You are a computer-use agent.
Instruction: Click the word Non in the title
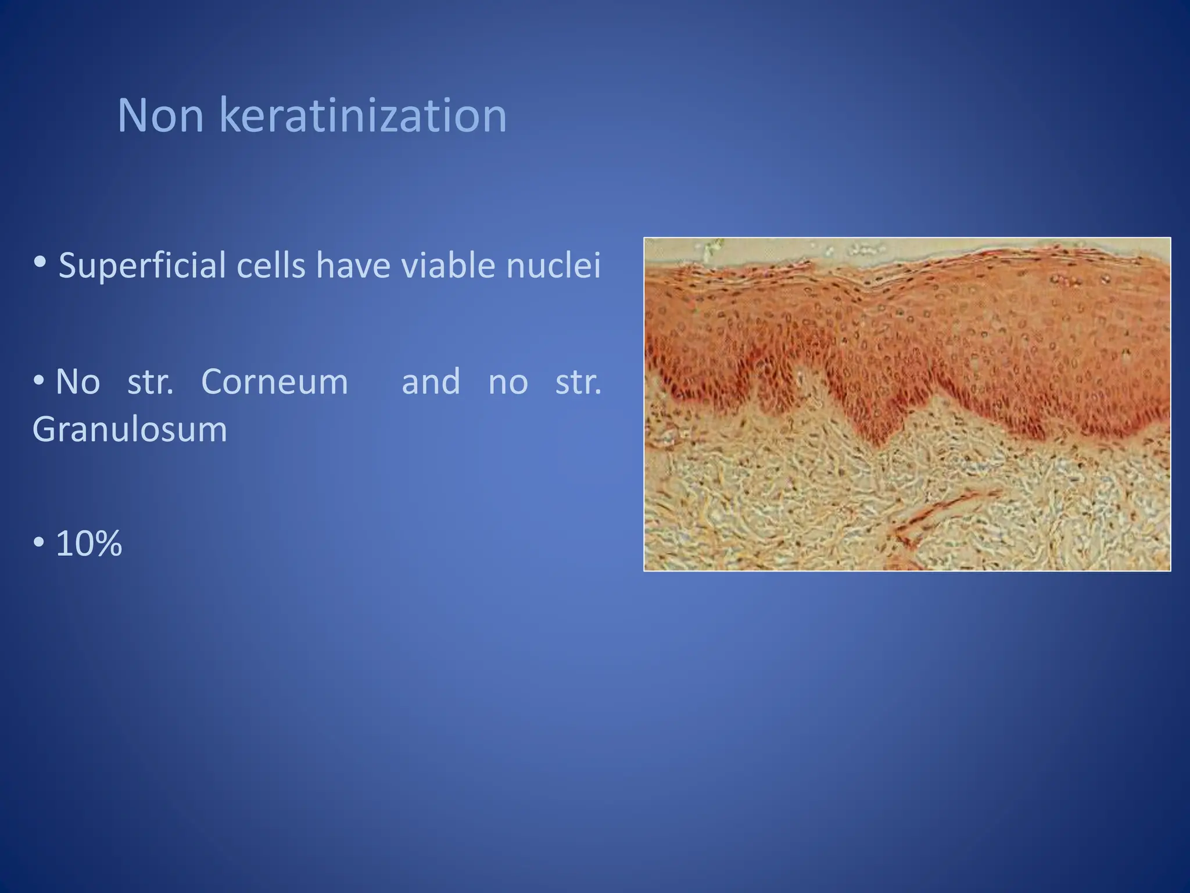click(x=160, y=116)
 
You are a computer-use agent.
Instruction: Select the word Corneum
click(x=274, y=382)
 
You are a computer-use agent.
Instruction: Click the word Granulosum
click(x=130, y=430)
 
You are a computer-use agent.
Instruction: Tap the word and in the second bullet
click(x=431, y=382)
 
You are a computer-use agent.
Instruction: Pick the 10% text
click(x=89, y=544)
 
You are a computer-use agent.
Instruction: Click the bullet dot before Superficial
click(x=40, y=262)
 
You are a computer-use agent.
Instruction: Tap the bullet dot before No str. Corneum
click(x=39, y=381)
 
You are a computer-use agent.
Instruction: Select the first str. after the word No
click(x=150, y=382)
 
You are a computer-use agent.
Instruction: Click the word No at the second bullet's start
click(x=78, y=382)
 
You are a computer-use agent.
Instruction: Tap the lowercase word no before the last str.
click(x=508, y=383)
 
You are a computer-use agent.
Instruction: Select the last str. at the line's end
click(x=578, y=382)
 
